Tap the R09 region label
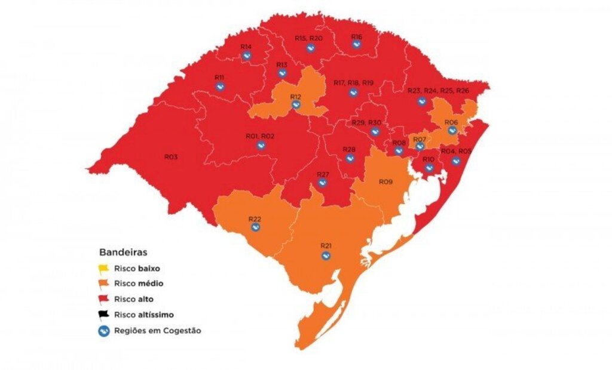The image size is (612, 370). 385,181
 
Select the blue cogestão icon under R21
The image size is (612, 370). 326,256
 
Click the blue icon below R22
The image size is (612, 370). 255,228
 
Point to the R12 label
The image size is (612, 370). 295,97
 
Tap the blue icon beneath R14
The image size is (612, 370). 246,56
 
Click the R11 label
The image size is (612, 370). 219,78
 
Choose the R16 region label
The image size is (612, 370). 356,37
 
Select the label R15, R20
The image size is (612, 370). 308,38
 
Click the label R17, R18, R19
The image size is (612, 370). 353,82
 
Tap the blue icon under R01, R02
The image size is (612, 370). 260,146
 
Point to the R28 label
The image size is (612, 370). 349,149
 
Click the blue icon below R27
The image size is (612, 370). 322,183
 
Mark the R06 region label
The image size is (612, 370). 451,122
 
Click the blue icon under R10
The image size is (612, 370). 429,168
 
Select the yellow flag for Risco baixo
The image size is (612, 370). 104,269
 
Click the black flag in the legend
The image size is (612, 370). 104,314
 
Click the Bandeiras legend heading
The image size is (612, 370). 123,252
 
